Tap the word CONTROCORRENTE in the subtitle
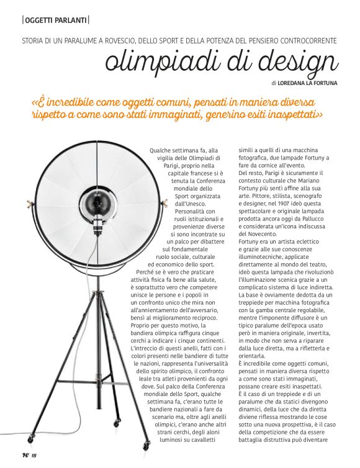click(305, 40)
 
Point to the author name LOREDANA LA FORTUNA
click(308, 82)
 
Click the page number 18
click(34, 456)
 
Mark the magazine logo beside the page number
click(24, 456)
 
